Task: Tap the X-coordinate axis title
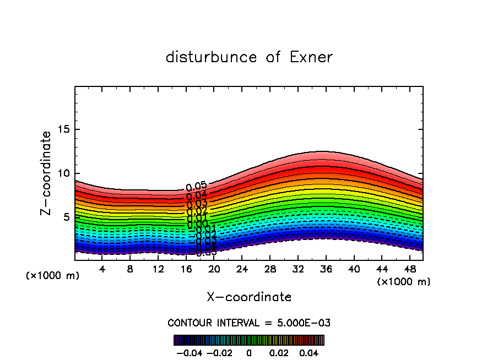click(249, 297)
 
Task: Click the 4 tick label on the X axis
click(102, 269)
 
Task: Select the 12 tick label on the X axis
click(158, 269)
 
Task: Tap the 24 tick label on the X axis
click(242, 269)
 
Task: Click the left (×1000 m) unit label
click(53, 276)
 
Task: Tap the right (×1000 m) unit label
click(404, 282)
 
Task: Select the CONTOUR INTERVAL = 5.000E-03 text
click(249, 323)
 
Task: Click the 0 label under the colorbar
click(249, 352)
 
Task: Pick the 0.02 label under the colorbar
click(279, 352)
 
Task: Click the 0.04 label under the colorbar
click(309, 352)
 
